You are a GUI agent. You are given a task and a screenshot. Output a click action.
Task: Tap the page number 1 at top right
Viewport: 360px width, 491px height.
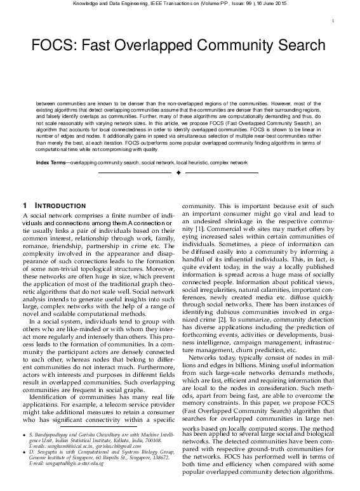pos(333,21)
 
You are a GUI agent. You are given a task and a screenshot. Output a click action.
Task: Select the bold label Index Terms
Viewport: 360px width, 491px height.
pos(51,163)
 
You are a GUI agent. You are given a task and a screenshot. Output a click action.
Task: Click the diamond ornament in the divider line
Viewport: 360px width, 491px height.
pos(178,173)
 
